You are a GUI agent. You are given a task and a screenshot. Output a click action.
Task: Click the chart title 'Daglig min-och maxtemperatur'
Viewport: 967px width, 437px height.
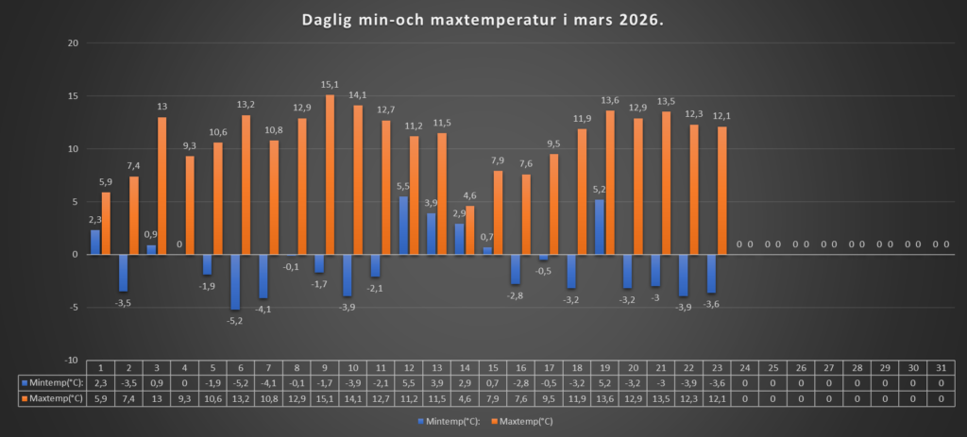[x=483, y=20]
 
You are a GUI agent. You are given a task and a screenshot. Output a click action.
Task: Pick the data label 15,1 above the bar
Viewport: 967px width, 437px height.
[x=331, y=85]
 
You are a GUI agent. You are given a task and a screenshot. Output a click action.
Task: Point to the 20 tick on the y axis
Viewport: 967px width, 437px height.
[x=71, y=43]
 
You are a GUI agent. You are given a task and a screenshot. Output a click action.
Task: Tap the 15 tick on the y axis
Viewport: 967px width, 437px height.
[x=71, y=96]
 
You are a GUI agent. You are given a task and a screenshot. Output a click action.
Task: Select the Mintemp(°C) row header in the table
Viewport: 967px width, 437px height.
[x=53, y=382]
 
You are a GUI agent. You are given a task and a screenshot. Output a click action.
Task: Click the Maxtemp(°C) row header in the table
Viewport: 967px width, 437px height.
[x=53, y=398]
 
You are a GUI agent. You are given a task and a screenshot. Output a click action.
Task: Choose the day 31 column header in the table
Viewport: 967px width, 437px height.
[x=941, y=367]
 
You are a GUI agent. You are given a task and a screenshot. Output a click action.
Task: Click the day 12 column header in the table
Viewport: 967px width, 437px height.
[x=409, y=367]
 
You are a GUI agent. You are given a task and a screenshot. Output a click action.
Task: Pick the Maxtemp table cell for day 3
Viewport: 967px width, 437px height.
[x=157, y=398]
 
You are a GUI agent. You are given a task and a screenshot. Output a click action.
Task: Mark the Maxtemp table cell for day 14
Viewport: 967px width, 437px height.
[x=465, y=398]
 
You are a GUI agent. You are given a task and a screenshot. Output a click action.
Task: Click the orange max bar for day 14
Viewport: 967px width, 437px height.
[x=470, y=230]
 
